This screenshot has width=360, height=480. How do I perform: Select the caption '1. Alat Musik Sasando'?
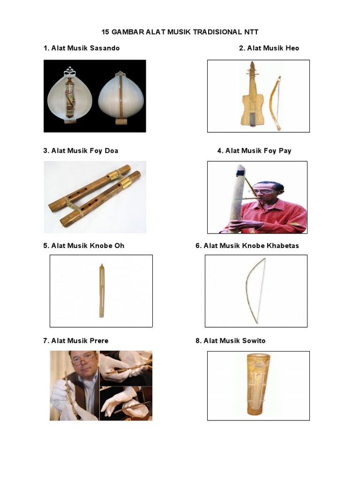pos(81,48)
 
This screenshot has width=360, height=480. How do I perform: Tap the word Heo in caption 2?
pos(292,48)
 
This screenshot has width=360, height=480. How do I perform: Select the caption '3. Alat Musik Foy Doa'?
pos(81,150)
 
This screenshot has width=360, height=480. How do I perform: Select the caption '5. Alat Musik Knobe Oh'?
pos(83,246)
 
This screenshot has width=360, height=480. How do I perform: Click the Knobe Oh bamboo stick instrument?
pos(101,291)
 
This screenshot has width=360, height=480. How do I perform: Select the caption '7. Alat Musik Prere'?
pos(75,340)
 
